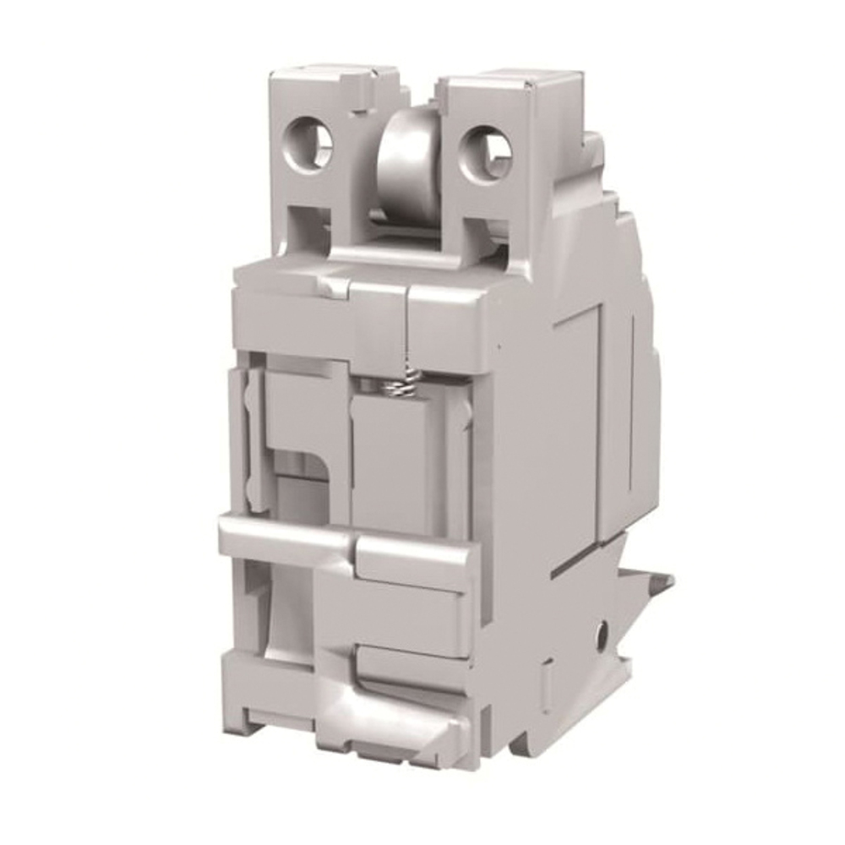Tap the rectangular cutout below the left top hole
(308, 229)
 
